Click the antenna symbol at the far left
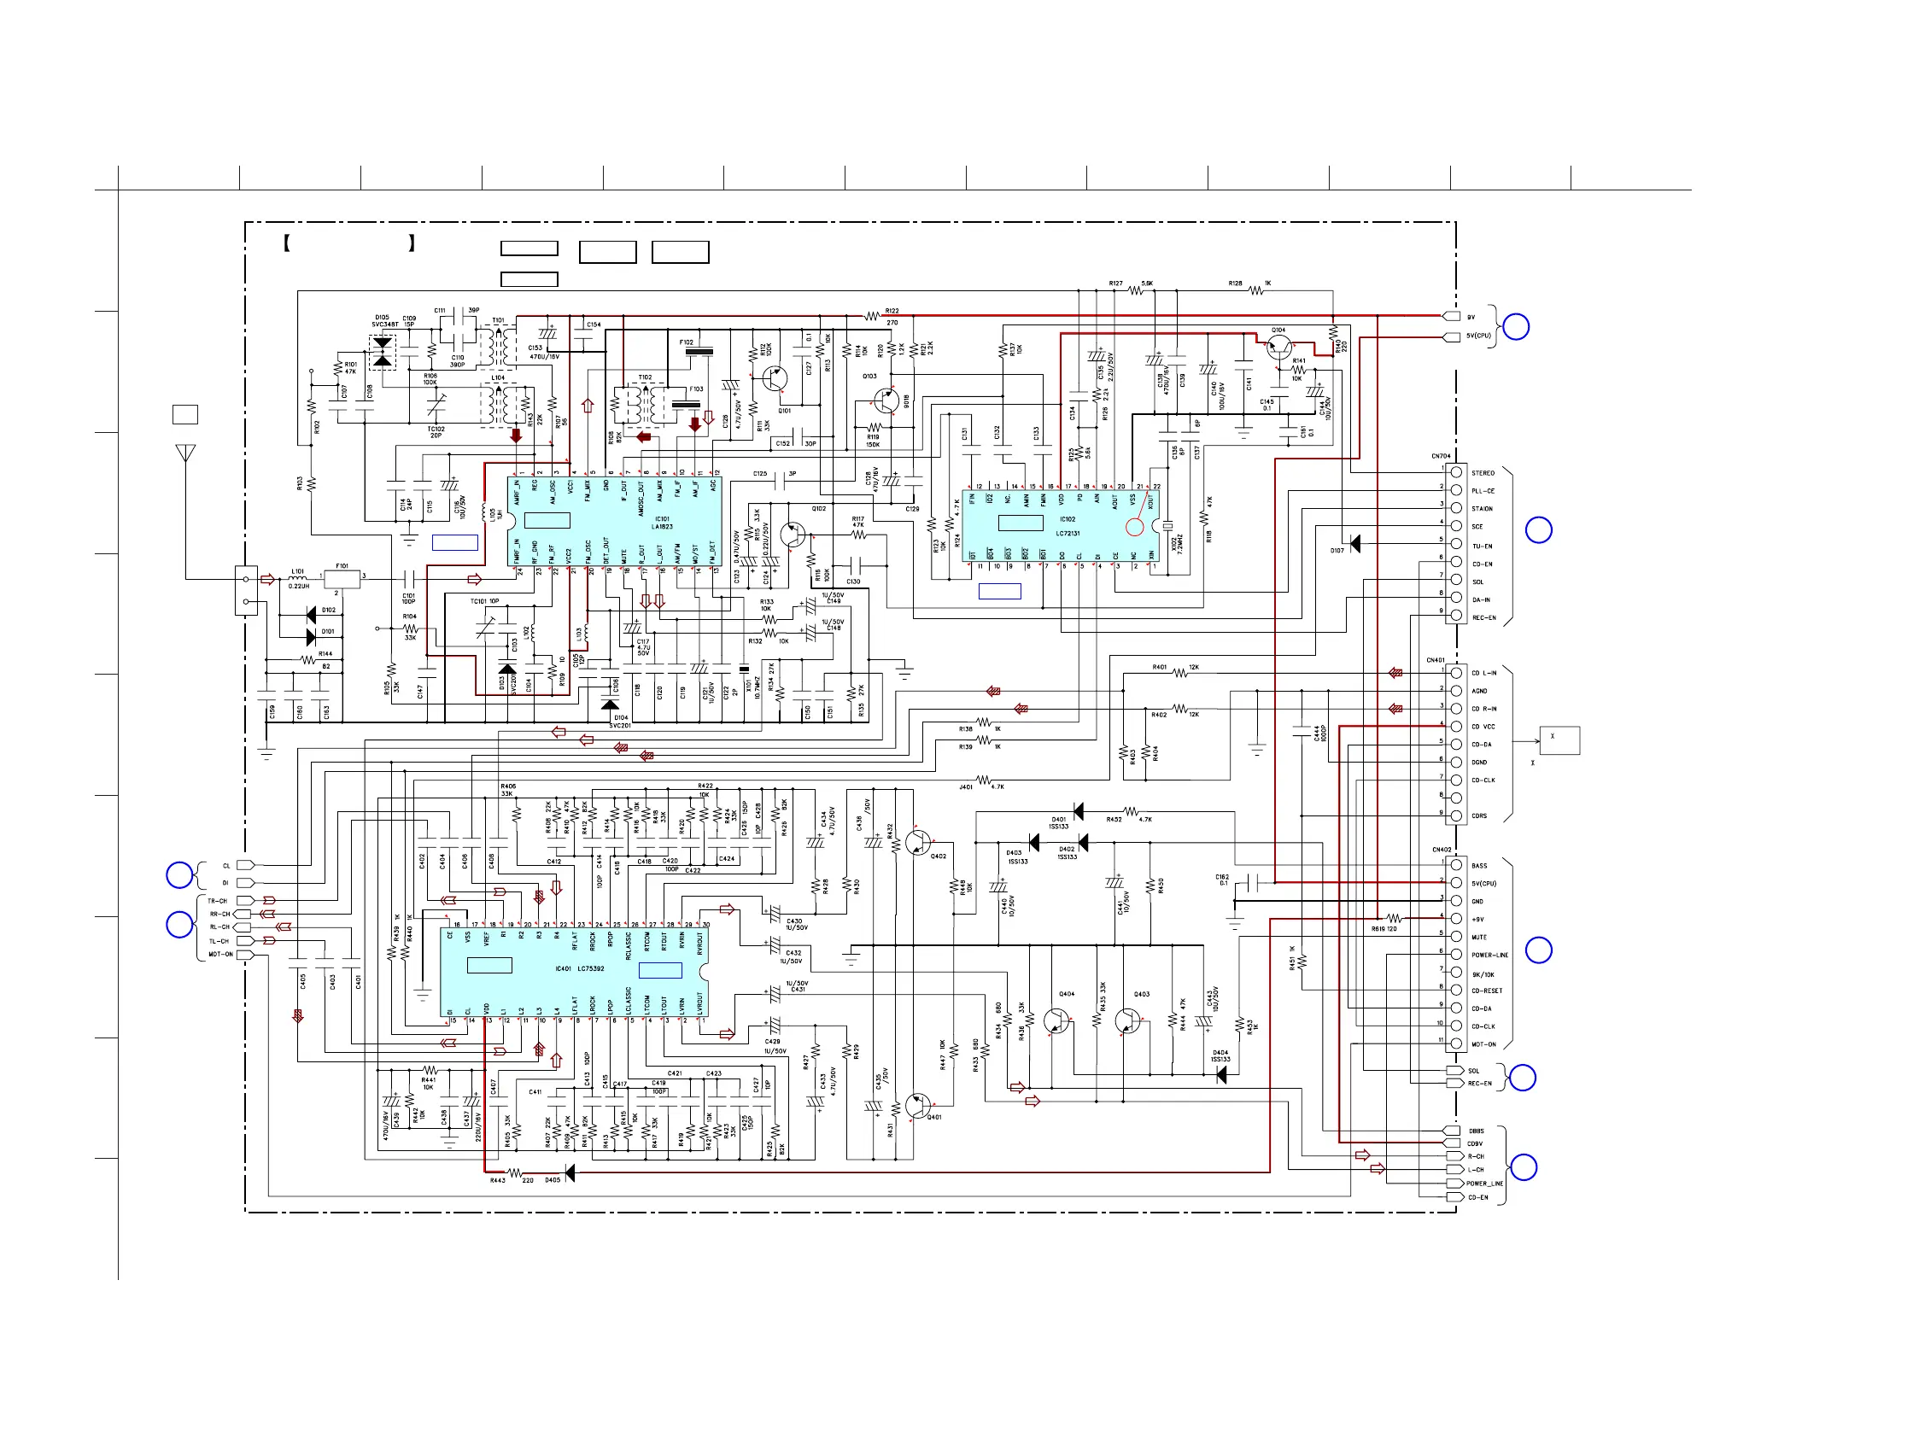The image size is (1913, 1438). tap(185, 454)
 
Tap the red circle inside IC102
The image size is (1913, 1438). tap(1135, 526)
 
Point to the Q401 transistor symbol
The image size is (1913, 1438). tap(918, 1106)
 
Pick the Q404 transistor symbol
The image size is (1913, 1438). tap(1056, 1021)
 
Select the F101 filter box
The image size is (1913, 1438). tap(342, 578)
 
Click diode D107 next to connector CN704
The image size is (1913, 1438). tap(1354, 543)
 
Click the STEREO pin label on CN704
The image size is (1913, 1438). tap(1483, 473)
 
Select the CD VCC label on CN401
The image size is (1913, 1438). tap(1483, 727)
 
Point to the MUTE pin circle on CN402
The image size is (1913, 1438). tap(1456, 937)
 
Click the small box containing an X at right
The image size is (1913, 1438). tap(1559, 740)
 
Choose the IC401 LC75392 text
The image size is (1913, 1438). tap(579, 968)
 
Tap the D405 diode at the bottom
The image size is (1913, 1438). tap(569, 1173)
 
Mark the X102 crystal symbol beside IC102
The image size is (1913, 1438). tap(1167, 526)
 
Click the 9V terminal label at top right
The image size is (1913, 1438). tap(1471, 318)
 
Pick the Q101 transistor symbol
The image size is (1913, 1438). tap(775, 378)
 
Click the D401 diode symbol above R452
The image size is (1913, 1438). tap(1078, 811)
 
